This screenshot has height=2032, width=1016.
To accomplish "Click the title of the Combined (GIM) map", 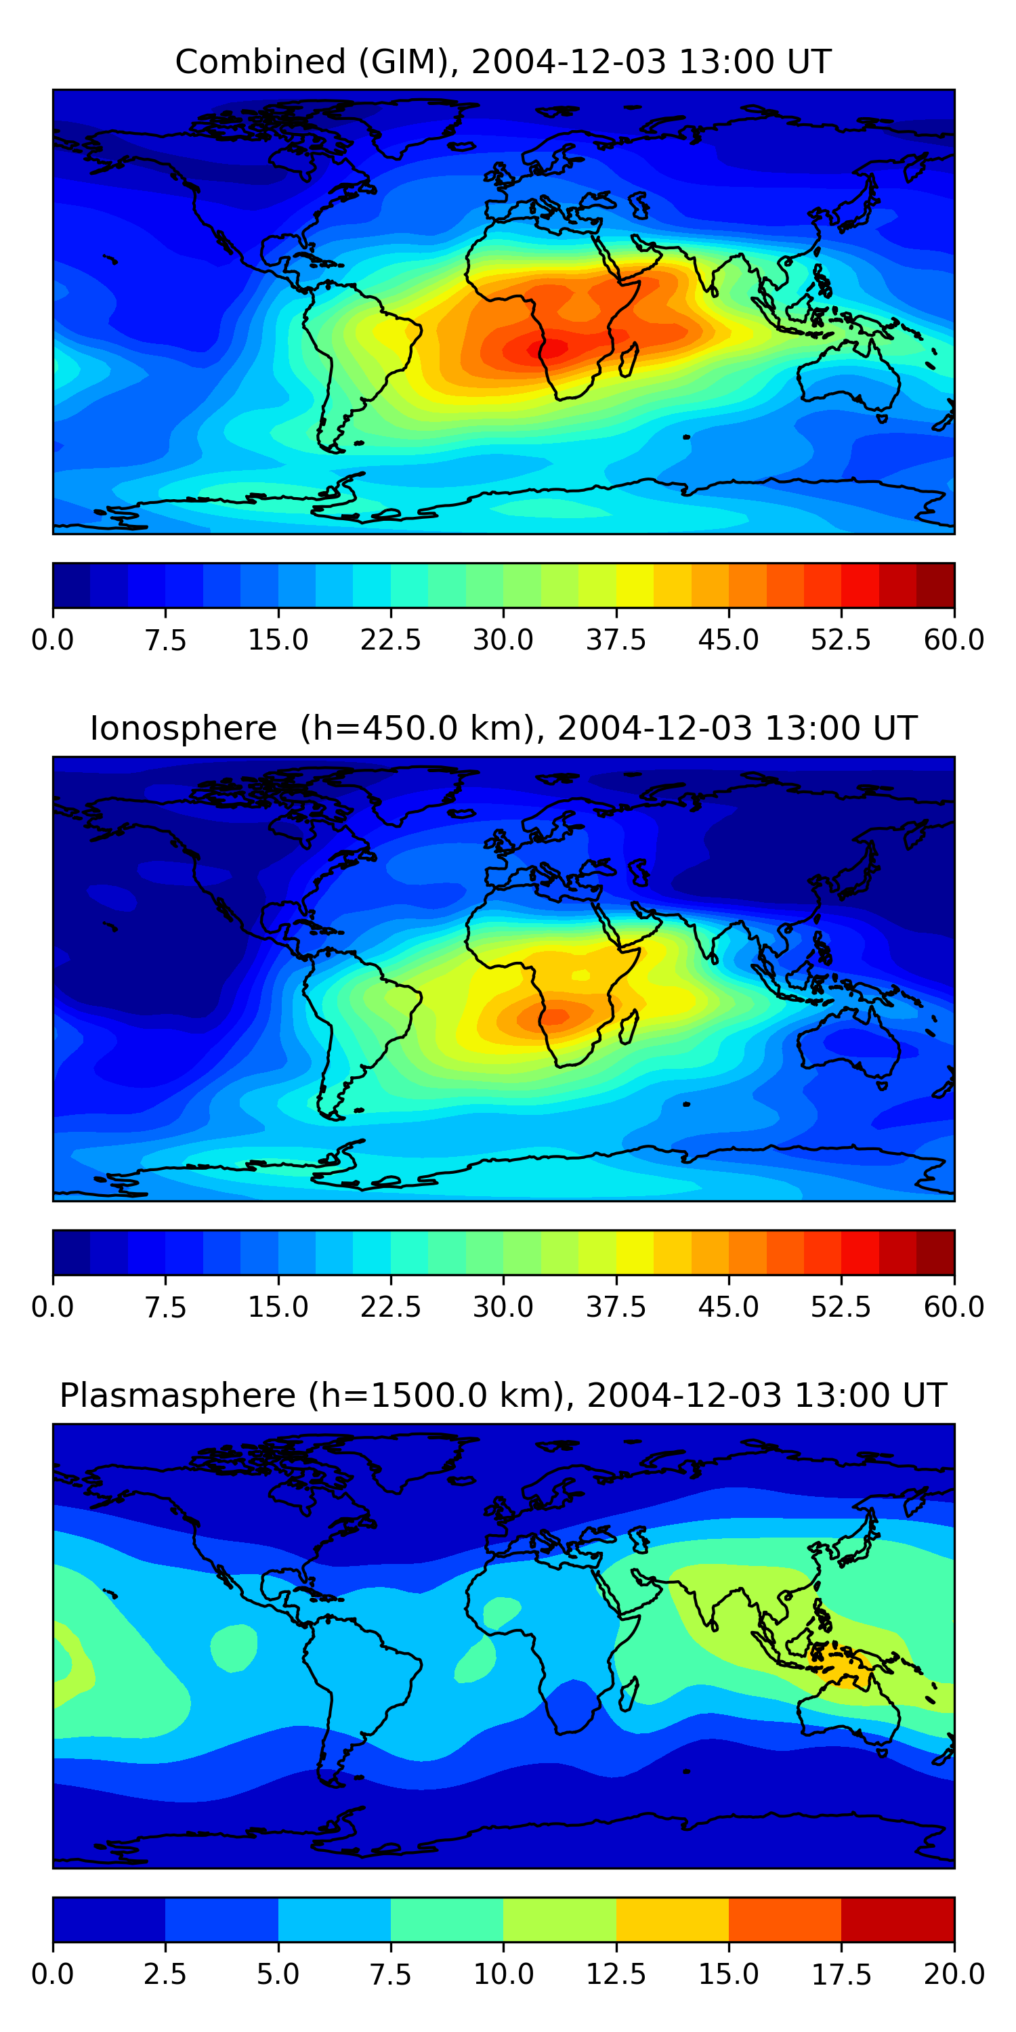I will (x=503, y=62).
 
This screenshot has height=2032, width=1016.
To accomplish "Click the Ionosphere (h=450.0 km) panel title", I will (x=503, y=728).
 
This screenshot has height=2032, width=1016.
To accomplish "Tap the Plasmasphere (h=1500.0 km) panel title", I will (x=503, y=1395).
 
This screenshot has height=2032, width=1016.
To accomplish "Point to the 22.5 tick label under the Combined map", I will (x=390, y=639).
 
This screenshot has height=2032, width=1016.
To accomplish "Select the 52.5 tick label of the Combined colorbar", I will (x=841, y=639).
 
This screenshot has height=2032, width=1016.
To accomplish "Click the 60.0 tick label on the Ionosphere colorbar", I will (x=954, y=1307).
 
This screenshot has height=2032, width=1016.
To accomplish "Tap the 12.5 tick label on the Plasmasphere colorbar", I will (x=616, y=1974).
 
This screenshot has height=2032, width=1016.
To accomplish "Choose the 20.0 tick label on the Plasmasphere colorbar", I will (x=954, y=1974).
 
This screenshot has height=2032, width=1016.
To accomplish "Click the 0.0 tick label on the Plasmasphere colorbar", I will (x=53, y=1974).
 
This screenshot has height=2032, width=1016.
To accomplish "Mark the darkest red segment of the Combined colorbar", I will (x=935, y=585).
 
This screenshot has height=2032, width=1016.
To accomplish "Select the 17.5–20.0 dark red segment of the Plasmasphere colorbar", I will (x=897, y=1919).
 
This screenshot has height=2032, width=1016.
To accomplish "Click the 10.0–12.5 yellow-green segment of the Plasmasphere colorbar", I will (x=559, y=1919).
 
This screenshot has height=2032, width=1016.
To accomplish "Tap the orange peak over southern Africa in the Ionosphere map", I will (x=556, y=1016).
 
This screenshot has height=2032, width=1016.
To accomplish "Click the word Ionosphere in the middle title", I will (x=184, y=728).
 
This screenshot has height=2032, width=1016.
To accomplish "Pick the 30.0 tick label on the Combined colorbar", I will (x=503, y=639).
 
